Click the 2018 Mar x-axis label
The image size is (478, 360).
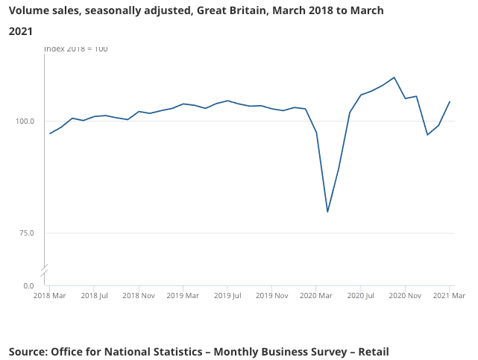pos(50,296)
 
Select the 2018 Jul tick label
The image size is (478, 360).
pos(95,296)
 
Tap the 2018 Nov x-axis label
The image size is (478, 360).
pos(139,296)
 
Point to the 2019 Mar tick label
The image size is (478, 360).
pos(183,296)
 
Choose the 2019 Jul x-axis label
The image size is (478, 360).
pos(228,296)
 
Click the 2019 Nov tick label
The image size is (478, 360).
pos(272,296)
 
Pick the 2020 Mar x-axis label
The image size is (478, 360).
pos(317,296)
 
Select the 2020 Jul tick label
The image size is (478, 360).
pos(361,296)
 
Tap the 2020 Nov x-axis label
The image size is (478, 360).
pos(405,296)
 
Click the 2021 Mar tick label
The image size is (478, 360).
pos(449,296)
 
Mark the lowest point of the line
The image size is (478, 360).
pos(327,212)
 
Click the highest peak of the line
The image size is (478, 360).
pos(394,78)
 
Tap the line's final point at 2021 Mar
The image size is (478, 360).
pos(450,101)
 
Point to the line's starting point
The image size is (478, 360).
pos(50,133)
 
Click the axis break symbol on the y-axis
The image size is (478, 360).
pos(45,268)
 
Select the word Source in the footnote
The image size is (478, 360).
pos(28,351)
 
